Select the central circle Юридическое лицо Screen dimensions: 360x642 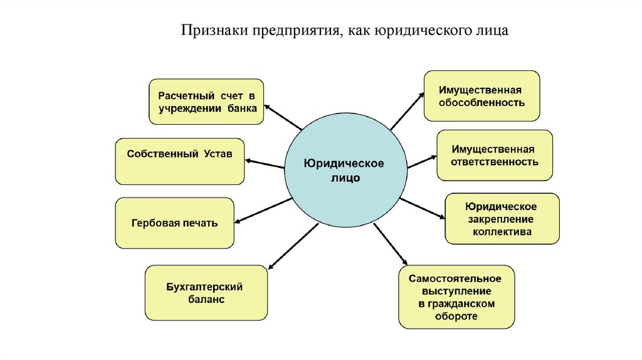coord(344,170)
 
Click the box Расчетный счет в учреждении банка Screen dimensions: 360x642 coord(206,102)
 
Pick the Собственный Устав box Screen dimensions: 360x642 coord(179,161)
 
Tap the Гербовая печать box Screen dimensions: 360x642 coord(174,223)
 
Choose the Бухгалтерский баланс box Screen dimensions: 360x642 coord(206,294)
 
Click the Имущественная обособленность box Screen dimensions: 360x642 coord(481,95)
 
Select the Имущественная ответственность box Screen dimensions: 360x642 coord(494,156)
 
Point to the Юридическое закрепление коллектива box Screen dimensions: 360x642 coord(502,219)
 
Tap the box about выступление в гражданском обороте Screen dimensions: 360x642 coord(456,297)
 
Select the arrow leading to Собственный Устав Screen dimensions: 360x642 coord(264,162)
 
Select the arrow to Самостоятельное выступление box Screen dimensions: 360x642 coord(391,245)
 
